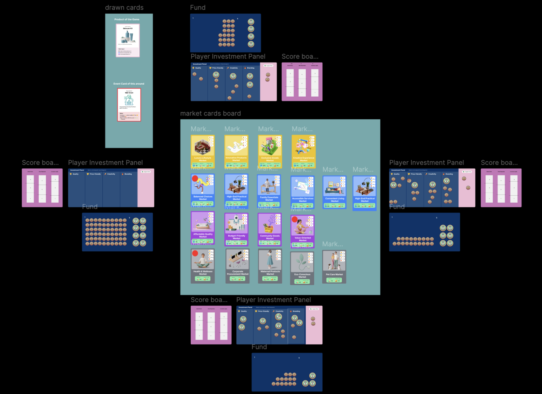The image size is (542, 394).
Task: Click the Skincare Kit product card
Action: click(x=128, y=40)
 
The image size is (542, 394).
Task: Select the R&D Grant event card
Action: click(x=129, y=105)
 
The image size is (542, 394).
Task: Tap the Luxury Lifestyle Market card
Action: click(x=203, y=152)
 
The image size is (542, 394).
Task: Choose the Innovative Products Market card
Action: click(x=236, y=152)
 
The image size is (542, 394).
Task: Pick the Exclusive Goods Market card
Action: click(x=270, y=152)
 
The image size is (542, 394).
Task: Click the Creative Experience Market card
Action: click(x=304, y=152)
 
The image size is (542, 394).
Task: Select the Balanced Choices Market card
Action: click(x=203, y=190)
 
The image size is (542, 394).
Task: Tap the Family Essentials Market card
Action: click(x=269, y=191)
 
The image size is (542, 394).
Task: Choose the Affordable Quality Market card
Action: click(x=203, y=228)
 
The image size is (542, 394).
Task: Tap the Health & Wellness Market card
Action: click(x=203, y=266)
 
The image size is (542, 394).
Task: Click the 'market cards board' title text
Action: click(x=210, y=114)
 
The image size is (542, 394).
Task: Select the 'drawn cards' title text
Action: click(x=124, y=8)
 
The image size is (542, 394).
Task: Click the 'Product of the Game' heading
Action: click(x=127, y=19)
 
